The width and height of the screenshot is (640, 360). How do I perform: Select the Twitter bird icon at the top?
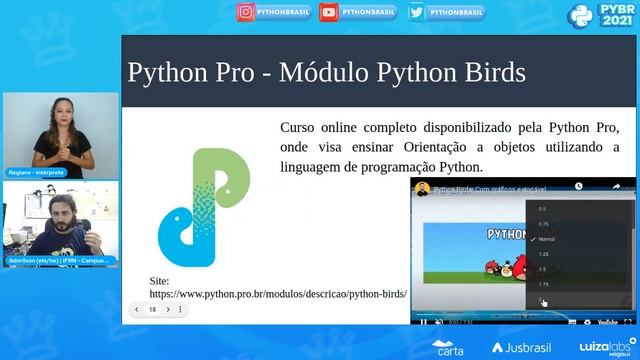(x=416, y=12)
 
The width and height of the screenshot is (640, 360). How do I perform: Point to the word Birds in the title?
(x=490, y=72)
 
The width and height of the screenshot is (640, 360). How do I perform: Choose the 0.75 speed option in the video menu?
(x=543, y=224)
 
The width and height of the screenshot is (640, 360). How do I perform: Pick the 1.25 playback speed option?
(x=543, y=255)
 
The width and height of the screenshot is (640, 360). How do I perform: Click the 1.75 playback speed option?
(x=543, y=285)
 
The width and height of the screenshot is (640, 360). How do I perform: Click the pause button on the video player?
(x=423, y=321)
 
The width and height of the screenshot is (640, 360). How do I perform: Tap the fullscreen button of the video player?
(x=627, y=321)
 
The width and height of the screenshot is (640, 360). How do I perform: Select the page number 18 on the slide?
(x=152, y=310)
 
